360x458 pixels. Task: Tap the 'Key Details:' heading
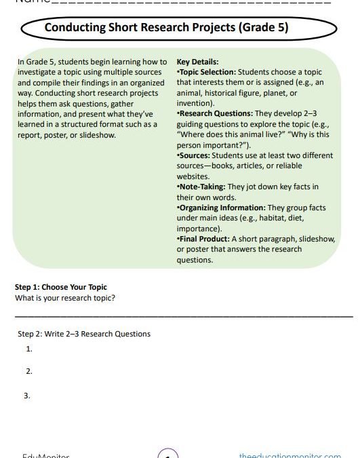[197, 62]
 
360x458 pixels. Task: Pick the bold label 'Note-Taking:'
[201, 187]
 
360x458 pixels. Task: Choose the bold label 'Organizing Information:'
[221, 208]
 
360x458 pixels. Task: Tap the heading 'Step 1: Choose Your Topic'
[61, 287]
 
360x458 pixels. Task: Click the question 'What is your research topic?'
[65, 298]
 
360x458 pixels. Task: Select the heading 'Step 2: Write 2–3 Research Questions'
[84, 334]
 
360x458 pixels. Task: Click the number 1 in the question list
[29, 349]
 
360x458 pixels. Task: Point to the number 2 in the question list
[29, 372]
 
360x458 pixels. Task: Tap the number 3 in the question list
[27, 396]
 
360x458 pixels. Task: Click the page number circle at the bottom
[167, 454]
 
